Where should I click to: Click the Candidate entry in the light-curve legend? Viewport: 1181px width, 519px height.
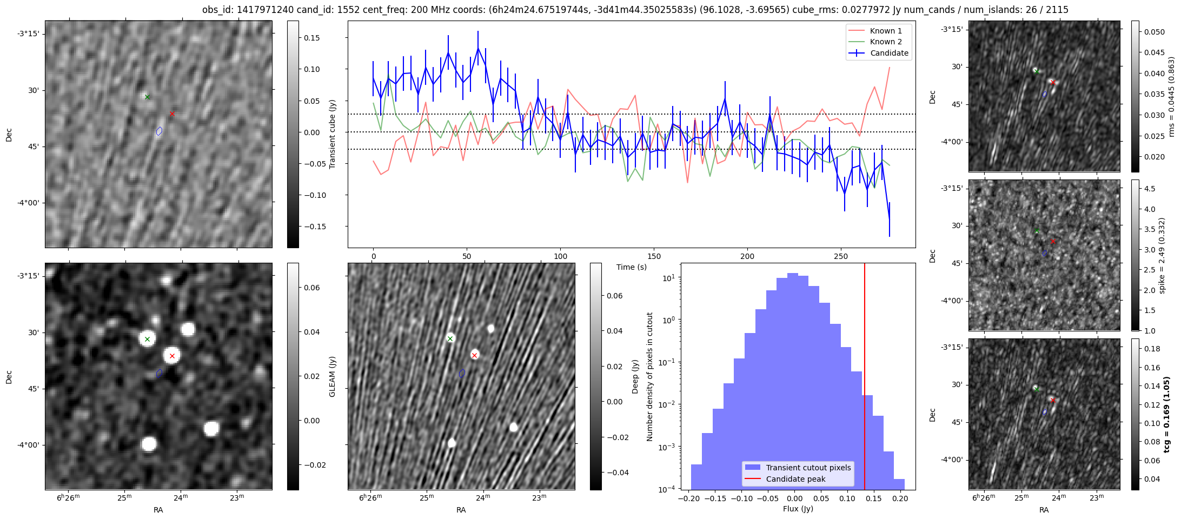(889, 53)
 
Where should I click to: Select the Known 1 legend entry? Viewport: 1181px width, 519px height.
(886, 31)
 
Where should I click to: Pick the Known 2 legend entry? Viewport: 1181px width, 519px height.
(886, 42)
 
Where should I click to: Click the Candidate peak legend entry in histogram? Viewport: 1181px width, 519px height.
(795, 479)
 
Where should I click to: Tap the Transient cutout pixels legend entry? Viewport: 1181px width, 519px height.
(808, 468)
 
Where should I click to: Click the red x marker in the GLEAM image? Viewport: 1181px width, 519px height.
(172, 356)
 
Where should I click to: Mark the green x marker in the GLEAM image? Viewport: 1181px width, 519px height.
(147, 340)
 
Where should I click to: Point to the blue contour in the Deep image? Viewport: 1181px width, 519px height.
(462, 373)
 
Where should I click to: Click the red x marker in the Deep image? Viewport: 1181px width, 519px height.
(474, 355)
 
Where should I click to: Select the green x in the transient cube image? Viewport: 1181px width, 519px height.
(147, 97)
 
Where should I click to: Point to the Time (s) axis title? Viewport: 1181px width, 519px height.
(631, 267)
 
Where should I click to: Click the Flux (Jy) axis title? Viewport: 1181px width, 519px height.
(798, 509)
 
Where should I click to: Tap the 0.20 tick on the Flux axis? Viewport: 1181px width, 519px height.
(899, 497)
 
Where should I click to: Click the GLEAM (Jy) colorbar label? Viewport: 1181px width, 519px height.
(332, 376)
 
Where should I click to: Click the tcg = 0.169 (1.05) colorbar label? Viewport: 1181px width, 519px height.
(1166, 414)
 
